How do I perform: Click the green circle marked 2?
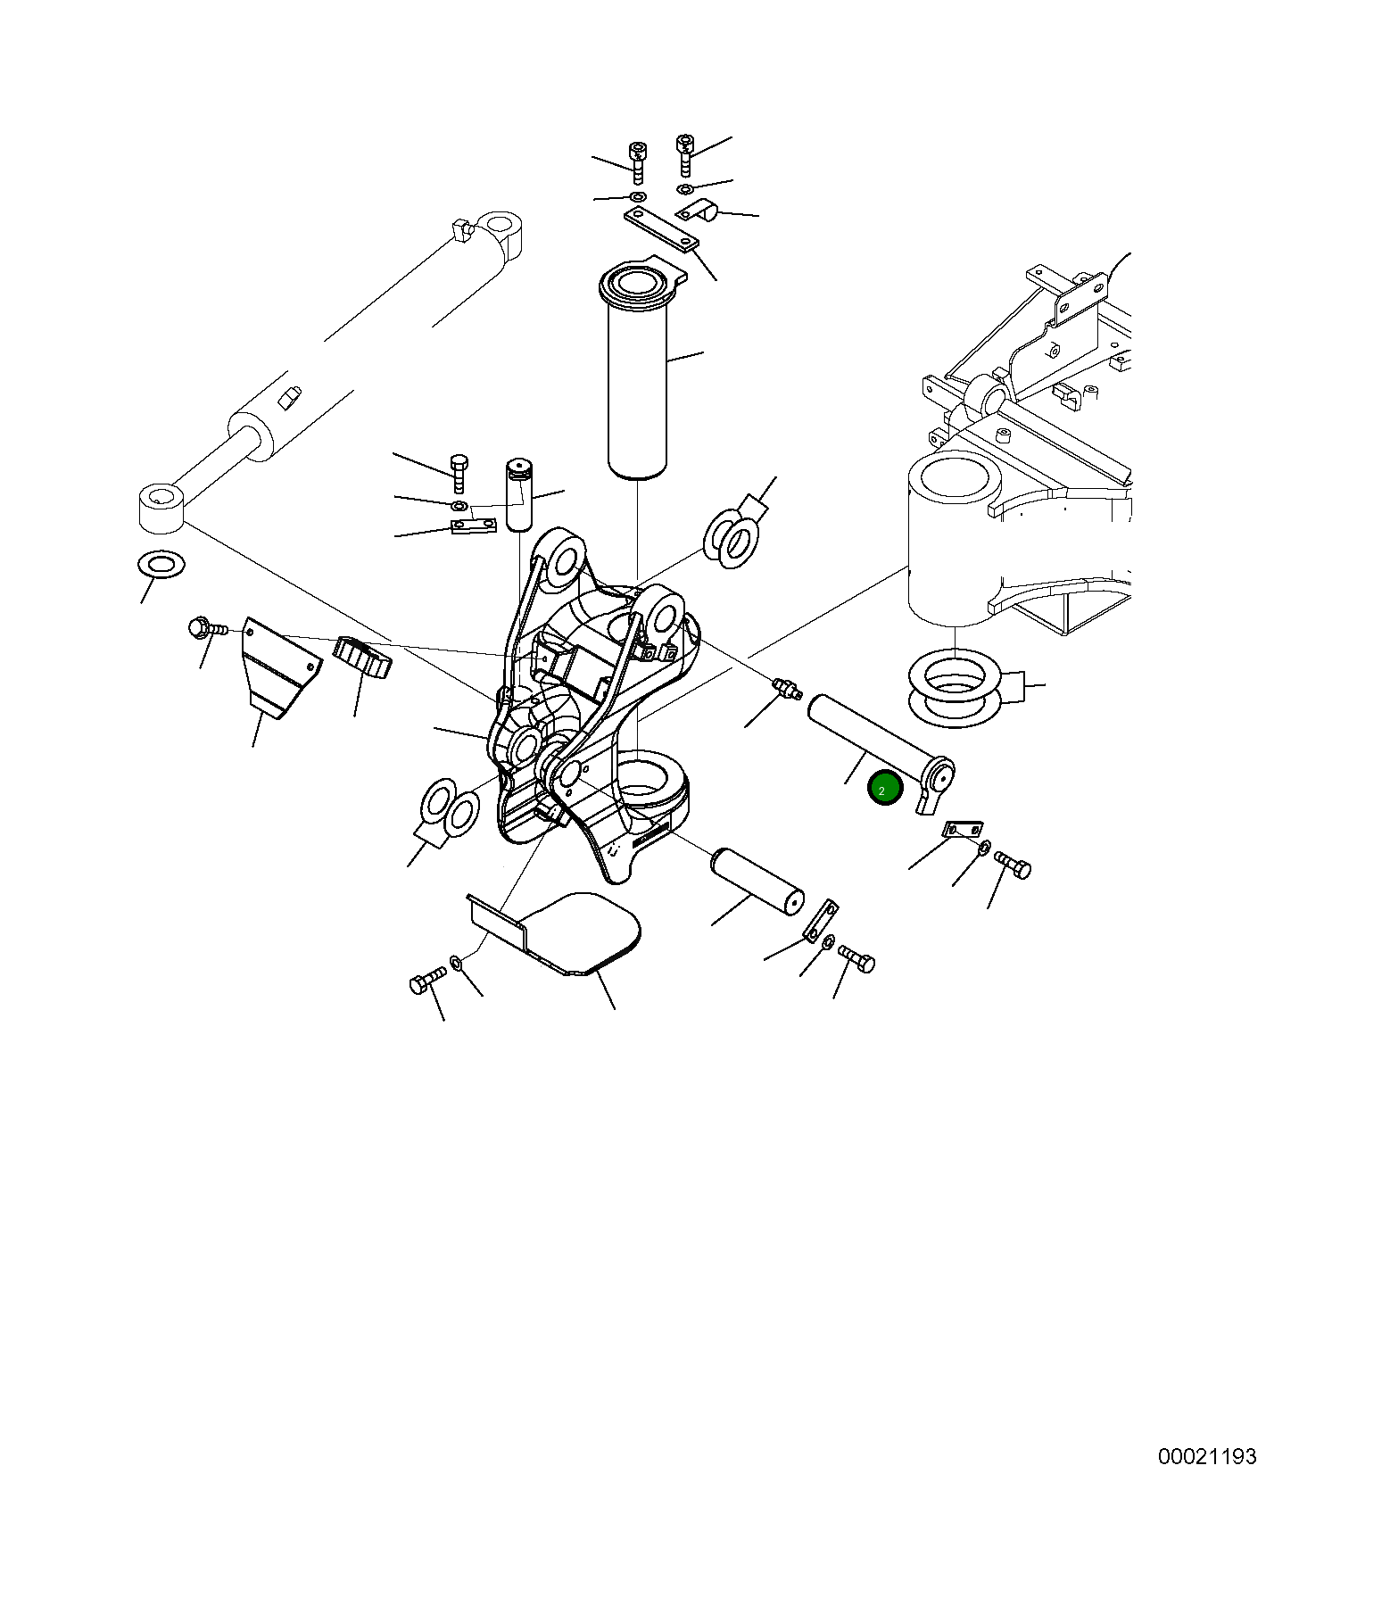coord(885,789)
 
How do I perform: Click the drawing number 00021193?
coord(1206,1457)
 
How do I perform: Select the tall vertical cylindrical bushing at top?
coord(637,384)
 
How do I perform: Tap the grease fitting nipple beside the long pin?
coord(785,689)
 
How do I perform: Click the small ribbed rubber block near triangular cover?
coord(362,658)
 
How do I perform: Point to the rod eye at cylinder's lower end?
coord(161,507)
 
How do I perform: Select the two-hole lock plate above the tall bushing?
coord(661,229)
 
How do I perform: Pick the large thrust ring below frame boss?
coord(953,687)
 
